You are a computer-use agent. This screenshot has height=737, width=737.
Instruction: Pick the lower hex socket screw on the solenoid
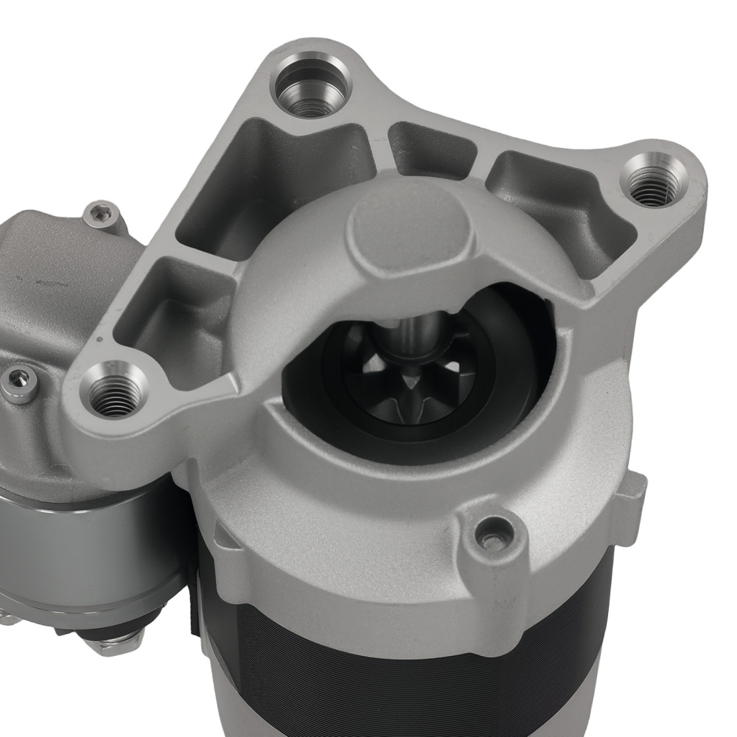point(19,382)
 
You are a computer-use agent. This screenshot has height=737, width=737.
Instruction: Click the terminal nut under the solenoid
point(118,641)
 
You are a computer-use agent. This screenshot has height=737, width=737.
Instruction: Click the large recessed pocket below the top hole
point(273,184)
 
